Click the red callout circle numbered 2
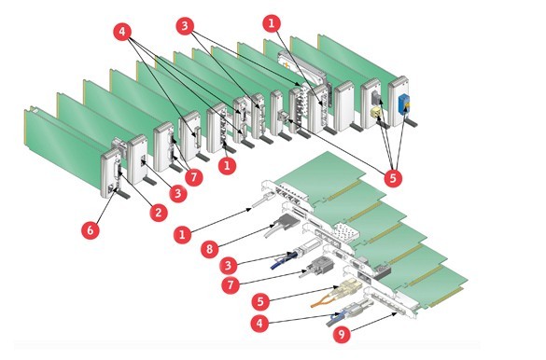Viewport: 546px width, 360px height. tap(159, 213)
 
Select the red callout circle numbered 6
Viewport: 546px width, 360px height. tap(91, 230)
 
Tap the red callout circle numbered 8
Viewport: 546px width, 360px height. tap(210, 249)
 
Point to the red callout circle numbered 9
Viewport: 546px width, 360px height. tap(342, 334)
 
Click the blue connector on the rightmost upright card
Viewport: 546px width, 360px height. tap(404, 104)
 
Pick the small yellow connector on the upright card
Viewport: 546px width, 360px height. tap(375, 112)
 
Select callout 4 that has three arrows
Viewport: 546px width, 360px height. tap(122, 32)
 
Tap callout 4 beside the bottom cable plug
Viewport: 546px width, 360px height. tap(259, 324)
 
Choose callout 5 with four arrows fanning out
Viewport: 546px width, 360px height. tap(393, 178)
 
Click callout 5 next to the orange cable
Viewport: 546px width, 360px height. tap(260, 301)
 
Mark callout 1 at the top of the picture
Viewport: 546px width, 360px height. tap(272, 23)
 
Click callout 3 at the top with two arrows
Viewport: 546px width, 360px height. tap(185, 26)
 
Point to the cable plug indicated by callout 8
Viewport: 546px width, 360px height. tap(282, 225)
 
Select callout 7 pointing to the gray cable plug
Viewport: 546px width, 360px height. tap(231, 285)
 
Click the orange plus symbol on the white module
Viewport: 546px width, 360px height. tap(287, 65)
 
